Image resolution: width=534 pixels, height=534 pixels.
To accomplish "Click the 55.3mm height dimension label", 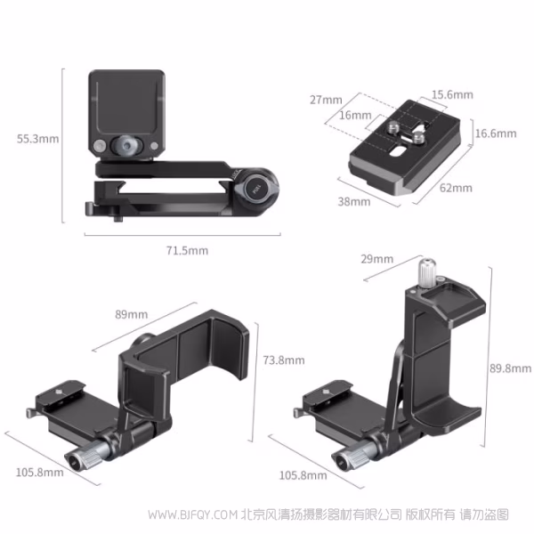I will [37, 138].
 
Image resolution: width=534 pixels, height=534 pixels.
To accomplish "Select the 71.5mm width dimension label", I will [187, 250].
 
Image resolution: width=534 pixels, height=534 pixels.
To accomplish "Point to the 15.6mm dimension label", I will [452, 94].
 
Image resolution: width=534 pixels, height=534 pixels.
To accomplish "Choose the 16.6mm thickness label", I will [496, 133].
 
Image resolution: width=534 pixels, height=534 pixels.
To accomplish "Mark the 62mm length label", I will [456, 188].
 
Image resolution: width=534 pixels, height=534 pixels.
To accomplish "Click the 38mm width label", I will [353, 202].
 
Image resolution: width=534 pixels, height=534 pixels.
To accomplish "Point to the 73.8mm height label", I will [284, 360].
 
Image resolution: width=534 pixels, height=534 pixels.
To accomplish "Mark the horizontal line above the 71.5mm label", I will [187, 234].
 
